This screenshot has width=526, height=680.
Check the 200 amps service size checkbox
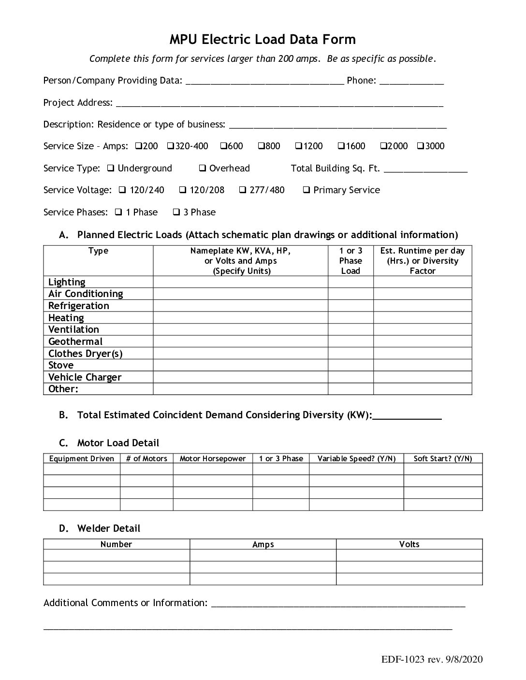click(138, 146)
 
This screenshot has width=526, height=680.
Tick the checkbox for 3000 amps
click(420, 146)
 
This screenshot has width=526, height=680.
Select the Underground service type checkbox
click(111, 168)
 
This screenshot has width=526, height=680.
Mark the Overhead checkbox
click(203, 168)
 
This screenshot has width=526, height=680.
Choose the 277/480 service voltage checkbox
click(243, 190)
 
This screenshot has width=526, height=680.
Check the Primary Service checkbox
click(307, 190)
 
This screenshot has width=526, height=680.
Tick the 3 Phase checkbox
click(177, 212)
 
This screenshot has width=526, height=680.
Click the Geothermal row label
click(75, 341)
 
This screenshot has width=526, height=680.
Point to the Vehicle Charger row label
click(85, 377)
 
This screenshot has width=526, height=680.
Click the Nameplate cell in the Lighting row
click(240, 282)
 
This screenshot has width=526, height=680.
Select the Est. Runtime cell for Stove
click(422, 365)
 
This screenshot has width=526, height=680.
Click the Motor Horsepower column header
click(213, 458)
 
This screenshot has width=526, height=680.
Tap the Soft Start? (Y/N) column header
click(442, 458)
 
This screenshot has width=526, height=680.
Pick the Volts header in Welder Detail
click(409, 544)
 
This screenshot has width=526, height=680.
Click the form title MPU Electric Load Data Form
click(263, 39)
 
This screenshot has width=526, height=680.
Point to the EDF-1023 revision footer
click(431, 660)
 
